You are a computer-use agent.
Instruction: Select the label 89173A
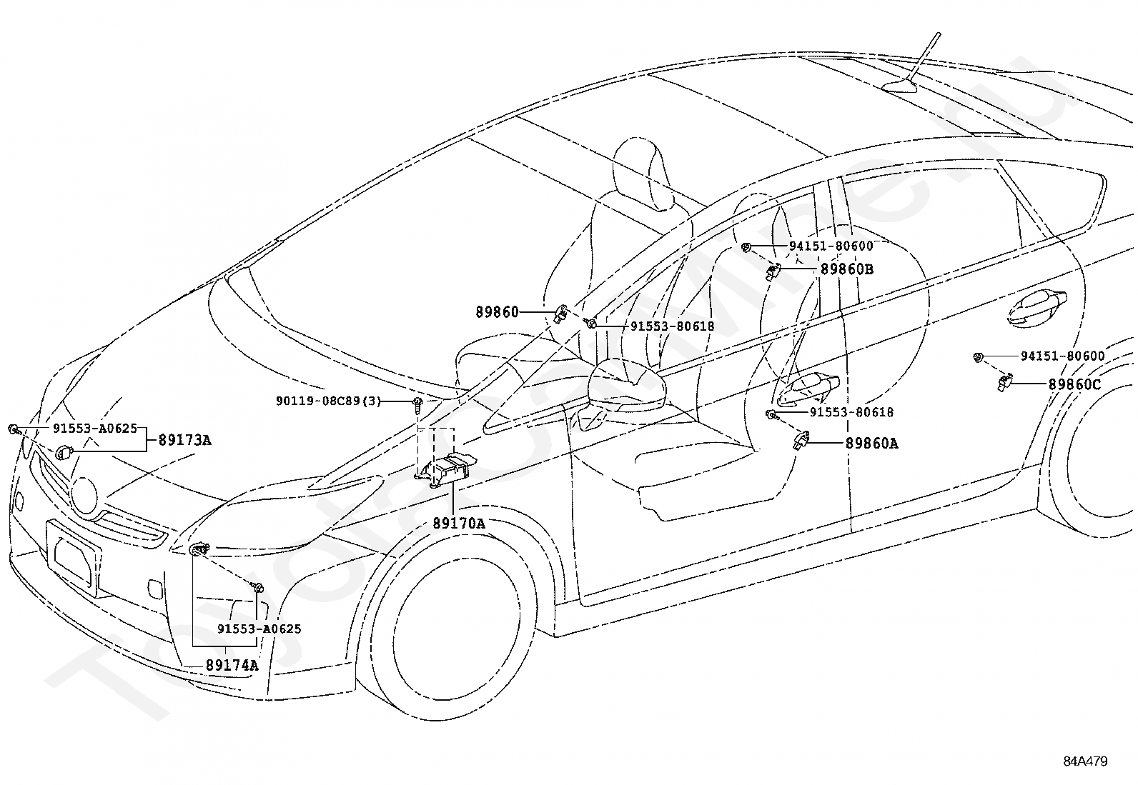[x=184, y=440]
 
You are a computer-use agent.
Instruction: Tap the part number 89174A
[x=232, y=665]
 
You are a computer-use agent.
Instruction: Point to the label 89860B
[x=847, y=269]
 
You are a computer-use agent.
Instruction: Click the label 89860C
[x=1074, y=384]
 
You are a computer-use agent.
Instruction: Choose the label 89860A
[x=872, y=444]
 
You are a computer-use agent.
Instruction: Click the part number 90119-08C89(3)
[x=328, y=401]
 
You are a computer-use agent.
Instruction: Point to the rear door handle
[x=1036, y=308]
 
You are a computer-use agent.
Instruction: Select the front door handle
[x=808, y=390]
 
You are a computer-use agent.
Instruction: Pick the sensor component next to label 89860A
[x=801, y=440]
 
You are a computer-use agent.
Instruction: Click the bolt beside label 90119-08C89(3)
[x=417, y=403]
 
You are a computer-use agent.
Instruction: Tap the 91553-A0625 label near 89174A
[x=259, y=629]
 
